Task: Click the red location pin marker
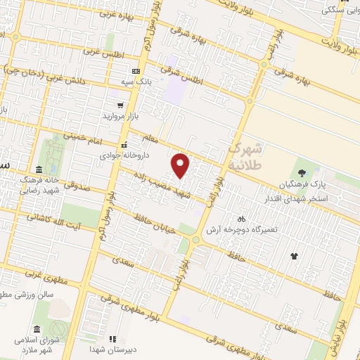(181, 165)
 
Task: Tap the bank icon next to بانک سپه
(136, 71)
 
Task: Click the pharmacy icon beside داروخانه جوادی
(124, 145)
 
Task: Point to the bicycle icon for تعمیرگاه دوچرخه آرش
(241, 219)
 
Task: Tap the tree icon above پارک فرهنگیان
(301, 172)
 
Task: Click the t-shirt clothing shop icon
(293, 255)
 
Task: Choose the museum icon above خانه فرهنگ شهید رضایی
(39, 169)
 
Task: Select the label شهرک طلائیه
(245, 157)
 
